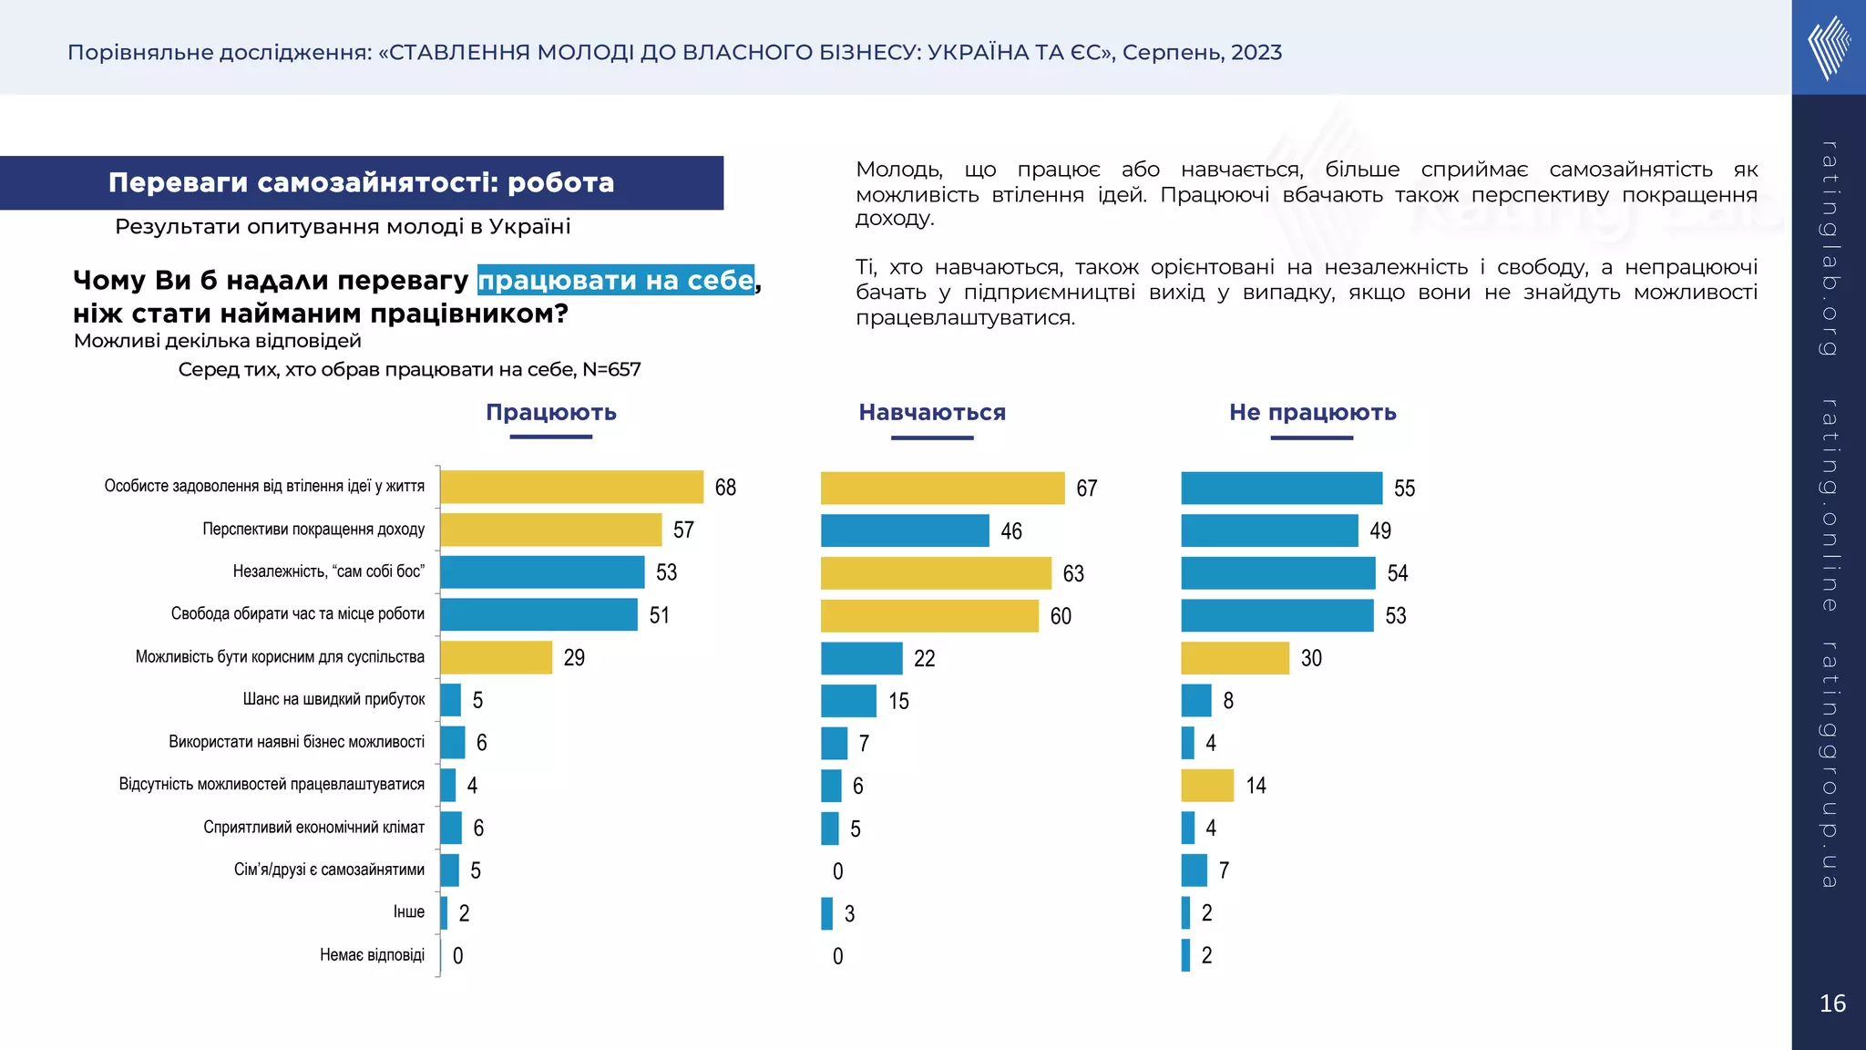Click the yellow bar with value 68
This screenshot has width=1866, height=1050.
[571, 487]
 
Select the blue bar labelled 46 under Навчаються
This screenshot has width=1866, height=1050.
[905, 530]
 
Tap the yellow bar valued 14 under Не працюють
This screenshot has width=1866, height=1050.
[1207, 785]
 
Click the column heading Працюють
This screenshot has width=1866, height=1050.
[551, 412]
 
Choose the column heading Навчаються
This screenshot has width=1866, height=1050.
[932, 412]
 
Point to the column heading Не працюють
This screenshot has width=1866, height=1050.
[1312, 412]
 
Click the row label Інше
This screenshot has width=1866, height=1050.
[409, 911]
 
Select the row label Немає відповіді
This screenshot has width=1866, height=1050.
[372, 954]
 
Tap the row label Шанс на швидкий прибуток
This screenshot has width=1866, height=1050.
[333, 699]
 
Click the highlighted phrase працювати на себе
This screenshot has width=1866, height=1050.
[616, 280]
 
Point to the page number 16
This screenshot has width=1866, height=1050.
[1832, 1004]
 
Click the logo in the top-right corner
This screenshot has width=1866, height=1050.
[1829, 47]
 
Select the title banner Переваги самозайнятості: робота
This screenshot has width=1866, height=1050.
[362, 182]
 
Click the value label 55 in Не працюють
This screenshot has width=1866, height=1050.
[1404, 489]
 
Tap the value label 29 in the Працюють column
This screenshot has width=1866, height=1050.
[574, 658]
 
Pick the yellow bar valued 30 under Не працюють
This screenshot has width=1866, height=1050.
[1235, 658]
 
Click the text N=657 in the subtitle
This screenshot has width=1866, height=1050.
[611, 369]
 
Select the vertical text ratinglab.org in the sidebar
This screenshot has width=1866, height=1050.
[1829, 248]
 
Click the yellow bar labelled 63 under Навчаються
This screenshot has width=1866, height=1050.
[936, 573]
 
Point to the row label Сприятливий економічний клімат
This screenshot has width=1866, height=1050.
[313, 827]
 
